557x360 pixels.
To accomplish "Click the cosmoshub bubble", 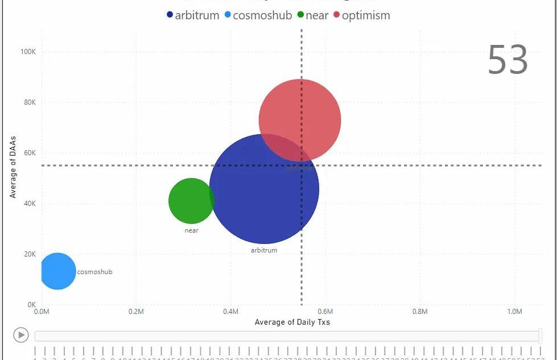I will (x=57, y=271).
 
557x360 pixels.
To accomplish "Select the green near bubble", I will (x=191, y=201).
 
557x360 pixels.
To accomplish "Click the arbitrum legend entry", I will (x=193, y=15).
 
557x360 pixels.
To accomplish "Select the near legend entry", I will (x=313, y=15).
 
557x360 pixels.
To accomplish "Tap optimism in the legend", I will (x=362, y=15).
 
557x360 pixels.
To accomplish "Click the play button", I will (x=21, y=335).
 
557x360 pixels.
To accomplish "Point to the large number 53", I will (x=508, y=60).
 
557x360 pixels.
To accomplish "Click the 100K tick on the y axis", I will (x=28, y=52).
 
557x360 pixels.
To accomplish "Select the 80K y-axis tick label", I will (x=29, y=102).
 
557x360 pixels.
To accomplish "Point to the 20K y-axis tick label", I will (x=29, y=254).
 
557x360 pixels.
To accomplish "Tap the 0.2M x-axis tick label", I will (x=136, y=312).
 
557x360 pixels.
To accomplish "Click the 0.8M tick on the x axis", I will (x=420, y=312).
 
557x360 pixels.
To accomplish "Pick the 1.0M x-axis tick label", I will (x=514, y=312).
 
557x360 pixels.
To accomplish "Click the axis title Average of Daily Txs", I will (x=292, y=322).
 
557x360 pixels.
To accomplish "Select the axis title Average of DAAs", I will (x=13, y=167).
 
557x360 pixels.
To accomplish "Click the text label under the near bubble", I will (x=192, y=230).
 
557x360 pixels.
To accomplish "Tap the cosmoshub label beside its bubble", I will (x=94, y=272).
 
